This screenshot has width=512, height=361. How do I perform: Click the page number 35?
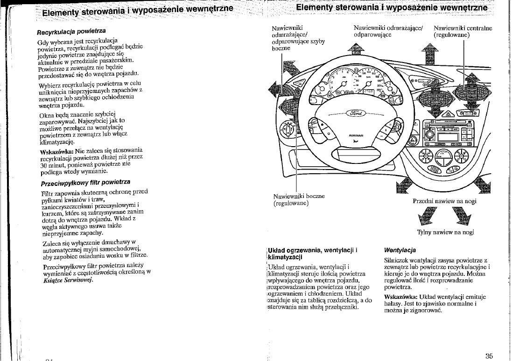tap(489, 356)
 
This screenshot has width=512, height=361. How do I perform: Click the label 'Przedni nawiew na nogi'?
tap(445, 201)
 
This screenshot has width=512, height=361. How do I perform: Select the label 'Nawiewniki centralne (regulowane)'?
tap(463, 31)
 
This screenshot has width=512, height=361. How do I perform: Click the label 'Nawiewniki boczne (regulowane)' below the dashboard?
tap(299, 200)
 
